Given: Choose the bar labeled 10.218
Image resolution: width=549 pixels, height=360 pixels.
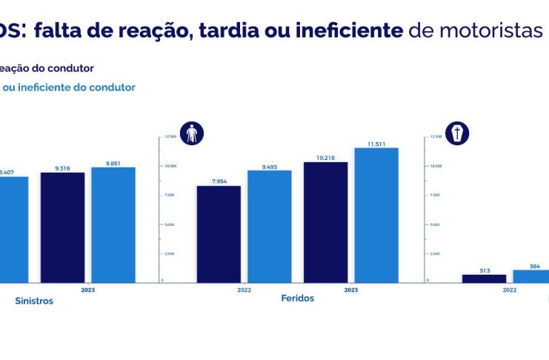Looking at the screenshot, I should (325, 221).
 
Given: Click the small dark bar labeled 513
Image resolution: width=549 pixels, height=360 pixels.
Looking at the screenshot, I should (484, 278).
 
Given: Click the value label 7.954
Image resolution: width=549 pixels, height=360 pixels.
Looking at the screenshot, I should (220, 181).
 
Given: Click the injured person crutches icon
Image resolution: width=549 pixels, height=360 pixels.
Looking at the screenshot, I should (192, 133).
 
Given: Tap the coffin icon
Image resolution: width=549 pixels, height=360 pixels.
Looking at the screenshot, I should (457, 133).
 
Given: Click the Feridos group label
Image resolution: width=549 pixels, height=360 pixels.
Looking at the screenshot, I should (298, 298).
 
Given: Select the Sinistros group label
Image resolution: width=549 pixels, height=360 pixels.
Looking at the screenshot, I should (34, 301).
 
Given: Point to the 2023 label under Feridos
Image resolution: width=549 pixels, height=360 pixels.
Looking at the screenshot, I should (350, 290).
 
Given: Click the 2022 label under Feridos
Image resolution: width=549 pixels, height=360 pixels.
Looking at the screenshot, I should (244, 290).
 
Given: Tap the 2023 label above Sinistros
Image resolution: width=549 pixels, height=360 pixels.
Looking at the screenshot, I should (87, 290).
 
